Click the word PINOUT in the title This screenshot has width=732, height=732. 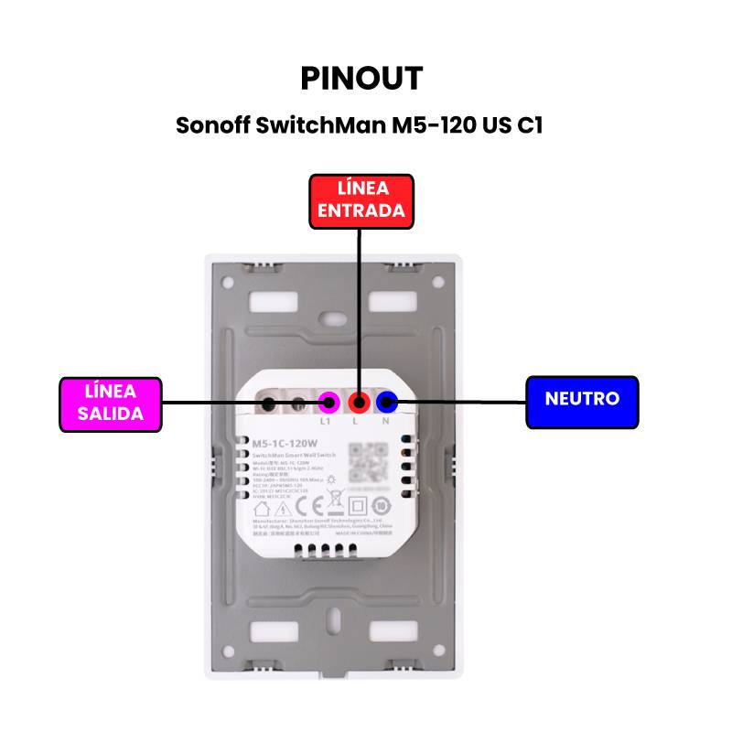tap(361, 79)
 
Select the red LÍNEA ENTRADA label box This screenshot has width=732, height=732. tap(361, 199)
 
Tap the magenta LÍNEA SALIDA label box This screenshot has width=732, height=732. tap(110, 403)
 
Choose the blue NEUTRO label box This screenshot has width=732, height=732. tap(582, 400)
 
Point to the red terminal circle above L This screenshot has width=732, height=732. tap(360, 401)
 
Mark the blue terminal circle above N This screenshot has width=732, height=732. tap(387, 401)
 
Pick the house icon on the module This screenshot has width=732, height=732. tap(261, 505)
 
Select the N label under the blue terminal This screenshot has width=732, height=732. tap(386, 422)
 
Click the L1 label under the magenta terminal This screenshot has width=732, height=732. tap(326, 422)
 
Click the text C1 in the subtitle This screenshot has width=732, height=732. tap(530, 125)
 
